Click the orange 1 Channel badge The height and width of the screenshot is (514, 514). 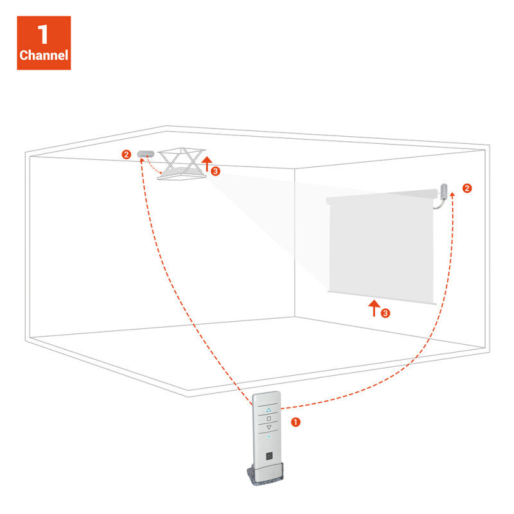(x=44, y=43)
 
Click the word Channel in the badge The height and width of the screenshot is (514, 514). (x=44, y=55)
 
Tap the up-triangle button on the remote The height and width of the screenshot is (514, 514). (x=269, y=410)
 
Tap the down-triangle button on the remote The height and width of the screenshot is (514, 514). (x=269, y=427)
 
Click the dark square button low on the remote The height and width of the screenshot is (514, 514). (x=269, y=456)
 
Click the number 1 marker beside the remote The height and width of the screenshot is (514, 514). (x=296, y=422)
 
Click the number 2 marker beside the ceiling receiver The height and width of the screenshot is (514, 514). (x=126, y=154)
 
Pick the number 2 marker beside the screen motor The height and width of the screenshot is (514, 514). (x=467, y=188)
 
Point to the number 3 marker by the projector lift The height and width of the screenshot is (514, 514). (x=215, y=171)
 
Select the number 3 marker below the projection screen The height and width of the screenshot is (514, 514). (x=385, y=313)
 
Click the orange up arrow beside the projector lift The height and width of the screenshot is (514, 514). (x=206, y=163)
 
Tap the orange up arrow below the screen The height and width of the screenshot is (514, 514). (x=374, y=308)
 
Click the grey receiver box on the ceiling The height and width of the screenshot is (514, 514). (x=146, y=154)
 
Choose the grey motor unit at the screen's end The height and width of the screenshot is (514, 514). (x=443, y=191)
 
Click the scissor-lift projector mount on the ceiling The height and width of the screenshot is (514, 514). (x=182, y=164)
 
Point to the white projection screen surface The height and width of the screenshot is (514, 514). (x=381, y=246)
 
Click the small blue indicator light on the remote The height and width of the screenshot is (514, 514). (x=269, y=437)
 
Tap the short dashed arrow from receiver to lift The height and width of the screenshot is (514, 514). (x=152, y=166)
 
